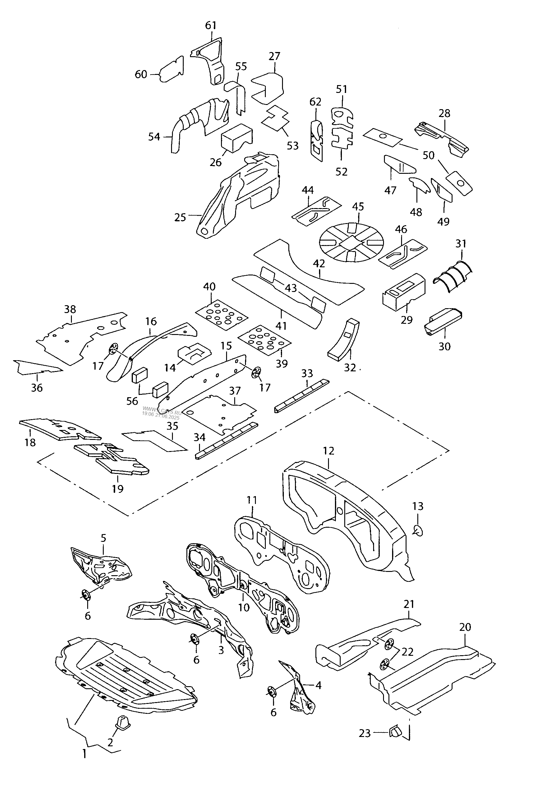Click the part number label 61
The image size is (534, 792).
(x=211, y=26)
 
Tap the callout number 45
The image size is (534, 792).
(x=358, y=207)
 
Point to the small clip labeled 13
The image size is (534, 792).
(x=418, y=530)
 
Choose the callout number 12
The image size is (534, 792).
(x=329, y=451)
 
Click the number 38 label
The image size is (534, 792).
(x=70, y=309)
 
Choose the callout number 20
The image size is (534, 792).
(x=465, y=627)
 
